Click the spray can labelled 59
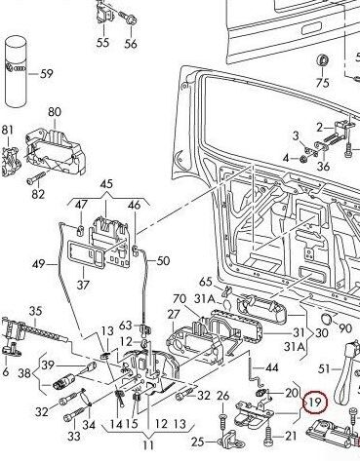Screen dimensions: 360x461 [16, 71]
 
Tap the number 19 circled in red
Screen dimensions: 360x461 [315, 402]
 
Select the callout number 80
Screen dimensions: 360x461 [55, 112]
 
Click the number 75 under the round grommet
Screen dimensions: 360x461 [322, 83]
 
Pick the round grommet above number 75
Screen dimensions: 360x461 [323, 60]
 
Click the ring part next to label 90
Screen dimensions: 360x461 [326, 319]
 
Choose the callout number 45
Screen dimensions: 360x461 [106, 184]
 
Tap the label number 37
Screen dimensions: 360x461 [83, 285]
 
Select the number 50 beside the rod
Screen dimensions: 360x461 [163, 260]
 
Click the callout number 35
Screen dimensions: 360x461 [35, 311]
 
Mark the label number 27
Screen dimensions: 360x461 [174, 314]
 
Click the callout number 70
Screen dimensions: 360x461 [180, 298]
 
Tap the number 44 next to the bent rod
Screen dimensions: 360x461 [272, 367]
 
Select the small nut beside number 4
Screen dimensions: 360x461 [302, 159]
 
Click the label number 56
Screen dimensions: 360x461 [131, 44]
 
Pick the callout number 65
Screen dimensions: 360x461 [206, 282]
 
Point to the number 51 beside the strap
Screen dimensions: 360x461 [324, 368]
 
